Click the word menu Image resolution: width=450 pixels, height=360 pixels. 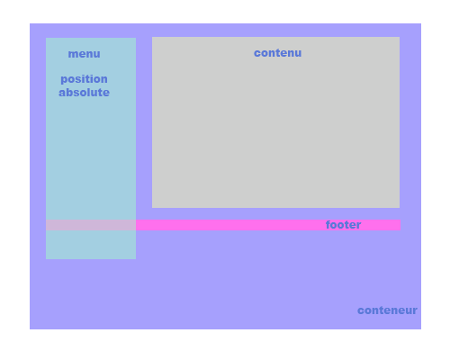(84, 54)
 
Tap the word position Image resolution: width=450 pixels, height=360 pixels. (84, 79)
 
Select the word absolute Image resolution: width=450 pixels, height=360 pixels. (84, 93)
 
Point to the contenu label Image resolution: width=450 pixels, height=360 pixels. (277, 53)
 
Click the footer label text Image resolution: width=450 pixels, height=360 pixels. (343, 225)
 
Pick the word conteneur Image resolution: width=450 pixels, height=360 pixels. (387, 310)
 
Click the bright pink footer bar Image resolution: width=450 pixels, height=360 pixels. (268, 225)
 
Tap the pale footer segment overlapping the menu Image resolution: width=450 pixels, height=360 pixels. (91, 225)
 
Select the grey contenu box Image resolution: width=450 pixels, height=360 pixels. (275, 122)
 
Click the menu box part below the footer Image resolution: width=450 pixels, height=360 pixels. (91, 245)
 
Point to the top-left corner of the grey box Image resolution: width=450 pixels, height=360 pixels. (152, 37)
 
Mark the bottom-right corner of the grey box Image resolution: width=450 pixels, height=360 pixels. (400, 208)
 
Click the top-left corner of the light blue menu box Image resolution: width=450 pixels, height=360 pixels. (46, 38)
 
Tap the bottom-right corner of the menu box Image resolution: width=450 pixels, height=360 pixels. (136, 259)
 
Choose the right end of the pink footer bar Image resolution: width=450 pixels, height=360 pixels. (400, 225)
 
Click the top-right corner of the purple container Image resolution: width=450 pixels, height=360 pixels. (421, 23)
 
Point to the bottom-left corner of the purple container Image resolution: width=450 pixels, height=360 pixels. (30, 329)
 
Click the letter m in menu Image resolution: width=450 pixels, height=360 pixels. (73, 55)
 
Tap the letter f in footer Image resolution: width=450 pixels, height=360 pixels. (328, 225)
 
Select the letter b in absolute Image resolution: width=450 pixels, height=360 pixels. (70, 93)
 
